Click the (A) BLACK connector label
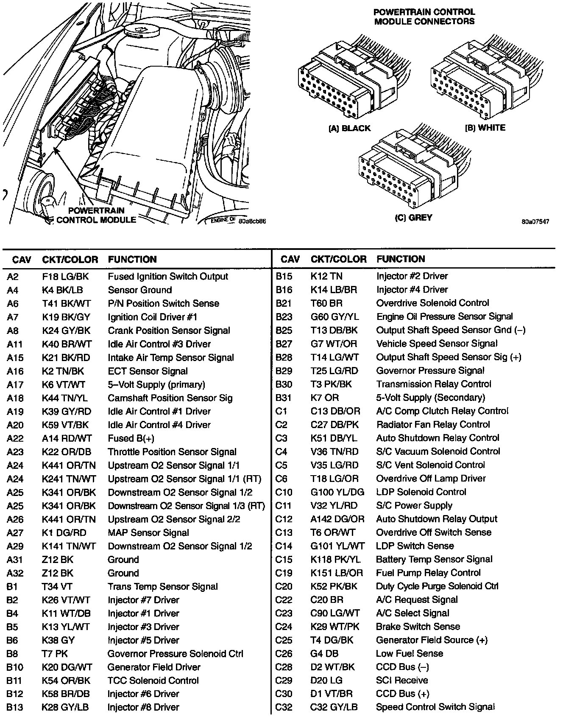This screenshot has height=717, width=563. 349,128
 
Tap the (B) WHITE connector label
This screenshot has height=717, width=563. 485,128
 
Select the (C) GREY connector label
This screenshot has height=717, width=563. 413,218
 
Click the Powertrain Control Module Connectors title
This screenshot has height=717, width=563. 424,17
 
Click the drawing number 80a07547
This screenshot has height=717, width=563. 535,221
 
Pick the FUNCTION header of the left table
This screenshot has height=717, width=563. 132,259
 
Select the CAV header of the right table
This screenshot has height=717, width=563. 290,259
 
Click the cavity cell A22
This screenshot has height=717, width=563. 15,438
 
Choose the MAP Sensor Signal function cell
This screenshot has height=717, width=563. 148,533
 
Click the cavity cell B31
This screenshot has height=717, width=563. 284,398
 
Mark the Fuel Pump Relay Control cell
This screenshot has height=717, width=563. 428,573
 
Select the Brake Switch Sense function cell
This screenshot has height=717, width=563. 418,627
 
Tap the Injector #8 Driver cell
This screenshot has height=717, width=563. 143,707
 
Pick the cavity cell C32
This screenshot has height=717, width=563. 284,707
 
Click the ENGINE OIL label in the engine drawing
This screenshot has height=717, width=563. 223,220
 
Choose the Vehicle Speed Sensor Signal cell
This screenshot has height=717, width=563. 437,344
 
